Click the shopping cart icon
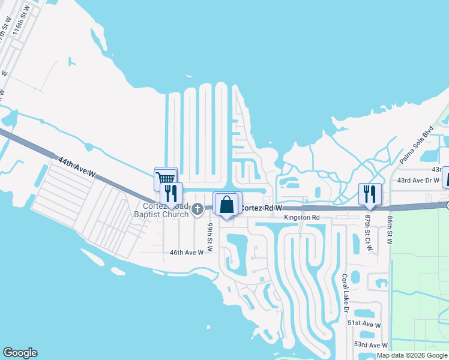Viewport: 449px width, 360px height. point(166,178)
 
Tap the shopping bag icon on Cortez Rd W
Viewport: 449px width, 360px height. point(228,204)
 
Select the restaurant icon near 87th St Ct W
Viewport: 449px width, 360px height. point(369,194)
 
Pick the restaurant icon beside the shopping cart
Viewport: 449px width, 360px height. point(170,193)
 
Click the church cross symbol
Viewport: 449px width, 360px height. point(197,208)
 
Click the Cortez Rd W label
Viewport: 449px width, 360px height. point(261,208)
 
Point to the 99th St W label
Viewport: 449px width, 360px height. point(211,237)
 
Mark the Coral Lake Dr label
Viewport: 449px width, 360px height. point(345,293)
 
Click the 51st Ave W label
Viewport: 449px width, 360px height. point(364,324)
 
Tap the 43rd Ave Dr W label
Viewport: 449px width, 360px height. point(419,181)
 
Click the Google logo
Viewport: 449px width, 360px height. point(20,353)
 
